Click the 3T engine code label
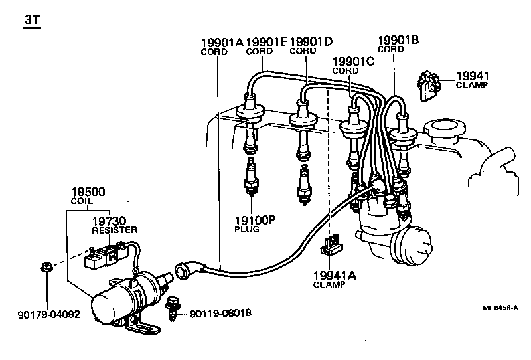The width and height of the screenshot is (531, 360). (x=32, y=21)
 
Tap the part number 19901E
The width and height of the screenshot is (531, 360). (x=265, y=42)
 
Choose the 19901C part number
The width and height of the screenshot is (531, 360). (x=353, y=62)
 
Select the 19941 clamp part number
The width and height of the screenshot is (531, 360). (x=471, y=76)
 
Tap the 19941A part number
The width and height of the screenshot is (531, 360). (x=335, y=275)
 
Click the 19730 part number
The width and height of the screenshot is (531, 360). (x=109, y=220)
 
